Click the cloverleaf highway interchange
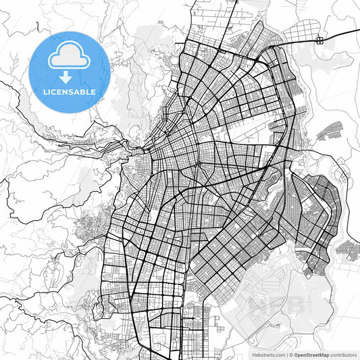[319, 40]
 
